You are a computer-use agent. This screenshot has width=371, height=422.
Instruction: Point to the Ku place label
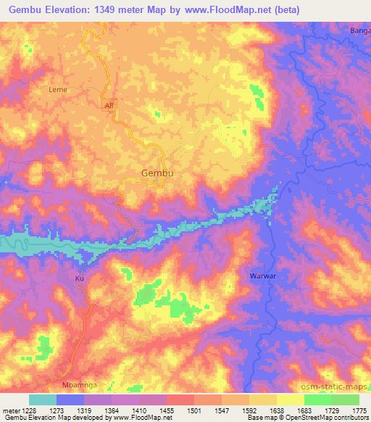[80, 278]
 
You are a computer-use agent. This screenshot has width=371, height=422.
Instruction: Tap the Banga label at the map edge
[359, 31]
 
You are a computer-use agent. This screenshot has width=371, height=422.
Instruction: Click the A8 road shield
[109, 104]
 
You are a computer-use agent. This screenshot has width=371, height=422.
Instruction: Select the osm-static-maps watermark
[336, 388]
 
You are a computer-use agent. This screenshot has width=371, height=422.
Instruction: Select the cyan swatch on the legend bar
[42, 400]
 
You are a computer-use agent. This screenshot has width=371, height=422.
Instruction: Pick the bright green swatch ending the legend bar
[346, 400]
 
